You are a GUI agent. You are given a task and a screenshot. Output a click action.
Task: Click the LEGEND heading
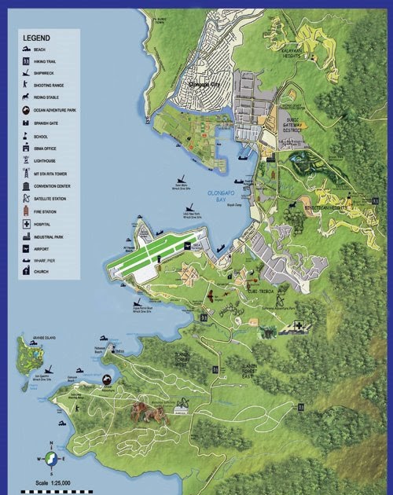tap(36, 37)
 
